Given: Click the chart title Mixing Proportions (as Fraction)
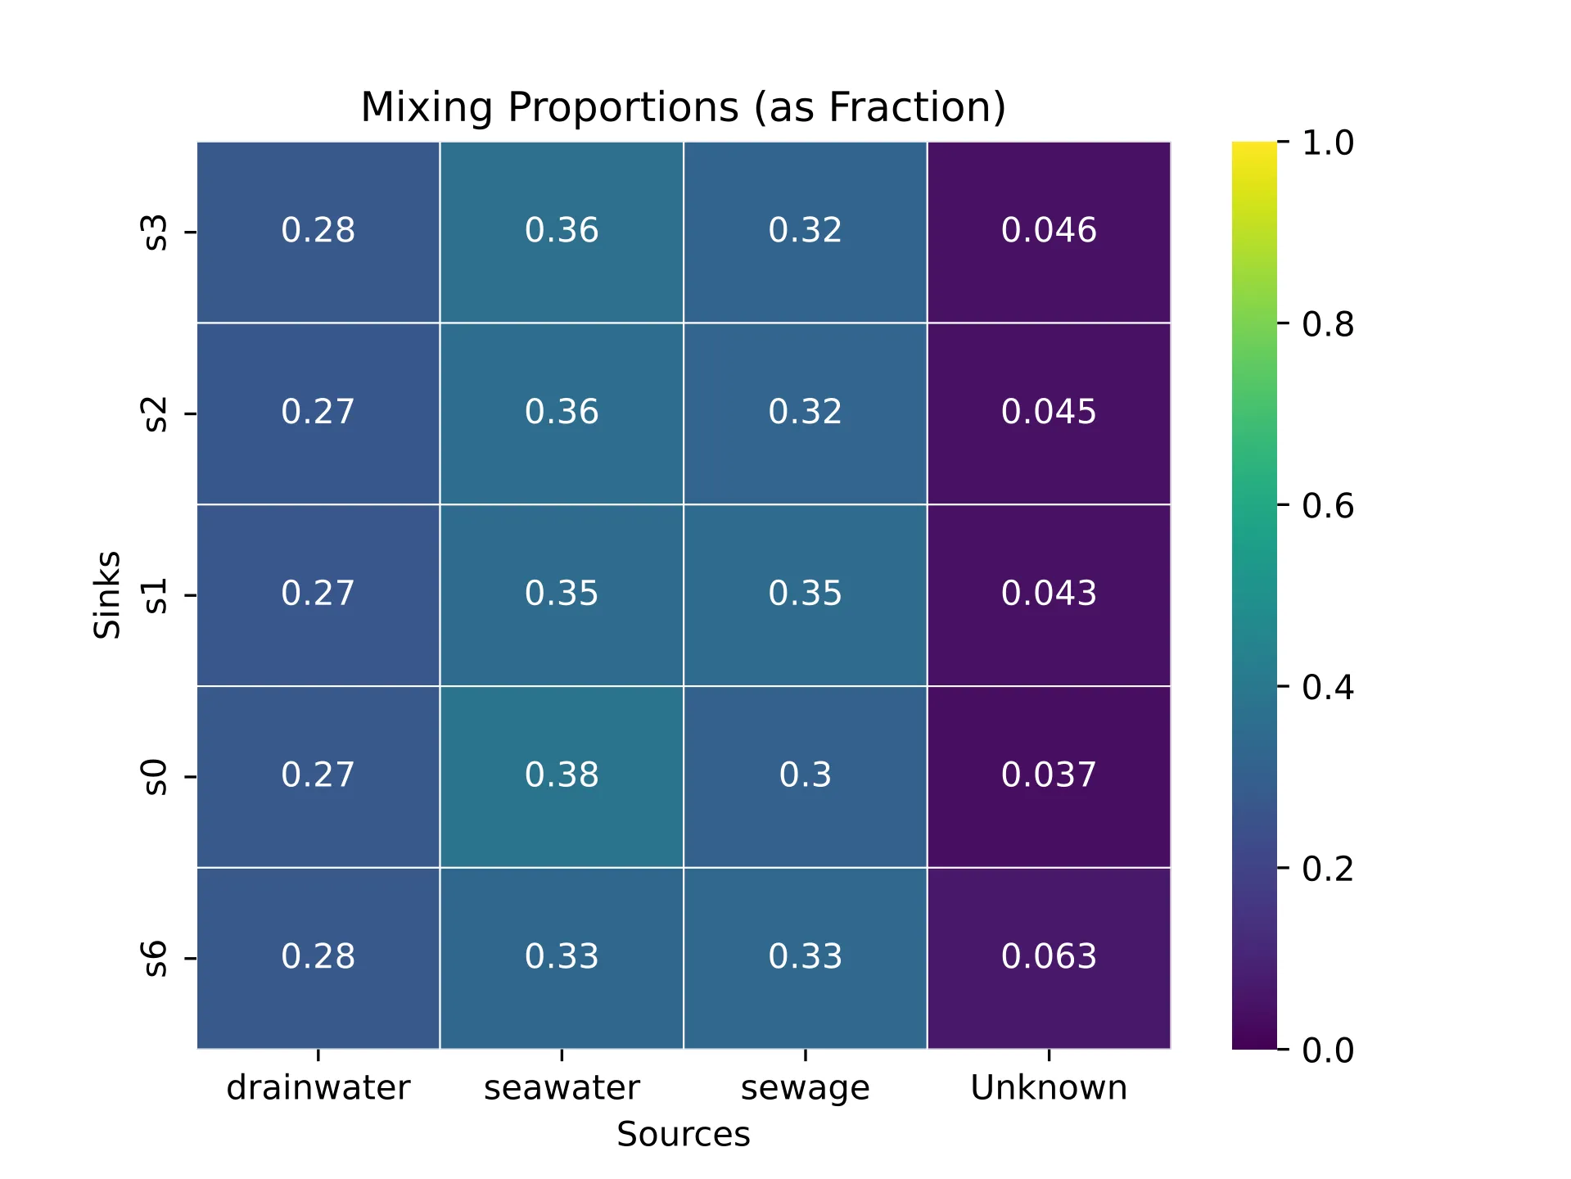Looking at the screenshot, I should [683, 107].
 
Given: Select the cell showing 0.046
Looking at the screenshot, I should [1049, 231].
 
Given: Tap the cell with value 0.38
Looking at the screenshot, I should [562, 775].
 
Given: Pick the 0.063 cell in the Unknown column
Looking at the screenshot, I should [1049, 957].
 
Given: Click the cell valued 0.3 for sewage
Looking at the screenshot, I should [805, 775].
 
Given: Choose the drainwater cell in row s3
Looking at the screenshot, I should [318, 231].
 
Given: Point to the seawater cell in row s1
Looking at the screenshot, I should [562, 594].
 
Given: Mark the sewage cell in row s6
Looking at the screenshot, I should [805, 957].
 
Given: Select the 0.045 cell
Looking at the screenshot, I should [1049, 413].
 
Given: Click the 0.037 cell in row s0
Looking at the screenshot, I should [1049, 775].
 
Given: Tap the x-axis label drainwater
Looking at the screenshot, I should [318, 1088].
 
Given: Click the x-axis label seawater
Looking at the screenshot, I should [562, 1088].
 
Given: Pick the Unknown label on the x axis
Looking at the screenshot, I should [1049, 1088].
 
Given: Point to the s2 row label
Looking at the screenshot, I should [156, 413].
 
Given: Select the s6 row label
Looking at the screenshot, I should [156, 958].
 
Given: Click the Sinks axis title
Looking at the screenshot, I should [107, 594].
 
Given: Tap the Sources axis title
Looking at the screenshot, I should [683, 1135].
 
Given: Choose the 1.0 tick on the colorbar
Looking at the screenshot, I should [1327, 143].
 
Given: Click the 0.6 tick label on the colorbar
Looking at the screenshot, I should [1327, 506].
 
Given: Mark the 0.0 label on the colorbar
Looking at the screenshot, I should [1327, 1050].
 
